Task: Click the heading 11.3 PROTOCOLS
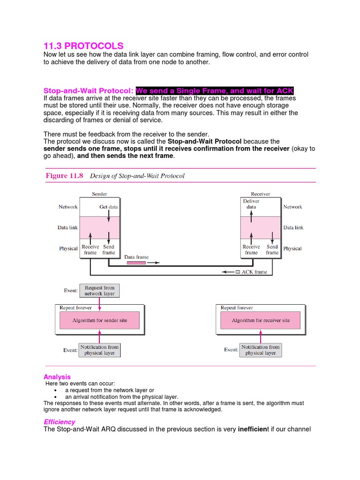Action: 83,46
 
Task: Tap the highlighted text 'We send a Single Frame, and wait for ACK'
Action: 215,90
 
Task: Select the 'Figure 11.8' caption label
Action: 64,176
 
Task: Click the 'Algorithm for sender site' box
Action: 99,321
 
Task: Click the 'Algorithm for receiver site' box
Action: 261,321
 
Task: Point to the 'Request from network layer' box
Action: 99,291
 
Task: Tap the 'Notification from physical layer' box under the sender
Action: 100,350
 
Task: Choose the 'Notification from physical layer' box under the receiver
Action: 261,350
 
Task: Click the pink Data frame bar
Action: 136,263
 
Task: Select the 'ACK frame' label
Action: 254,272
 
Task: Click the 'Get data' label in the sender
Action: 108,207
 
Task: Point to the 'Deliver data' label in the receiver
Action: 251,204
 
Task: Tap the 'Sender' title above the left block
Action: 99,194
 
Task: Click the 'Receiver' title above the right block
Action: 260,194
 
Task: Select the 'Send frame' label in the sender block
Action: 108,249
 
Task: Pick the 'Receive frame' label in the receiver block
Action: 251,249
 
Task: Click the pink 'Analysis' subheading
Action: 57,376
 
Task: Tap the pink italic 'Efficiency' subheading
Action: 59,421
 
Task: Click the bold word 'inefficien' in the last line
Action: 252,429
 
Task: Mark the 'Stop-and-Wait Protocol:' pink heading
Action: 89,90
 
